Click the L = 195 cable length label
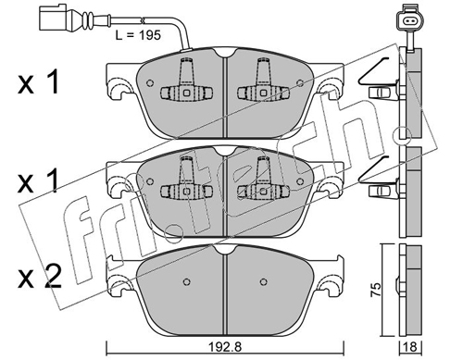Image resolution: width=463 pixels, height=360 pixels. point(138,35)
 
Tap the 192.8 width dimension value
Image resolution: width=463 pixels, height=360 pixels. point(225,347)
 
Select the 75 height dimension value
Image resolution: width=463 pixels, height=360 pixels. point(376,290)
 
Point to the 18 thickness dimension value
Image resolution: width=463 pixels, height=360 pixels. point(411,347)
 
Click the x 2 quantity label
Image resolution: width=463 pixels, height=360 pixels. point(39,277)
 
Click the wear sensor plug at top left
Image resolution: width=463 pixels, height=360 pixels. point(53,18)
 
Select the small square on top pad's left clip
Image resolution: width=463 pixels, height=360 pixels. point(186,93)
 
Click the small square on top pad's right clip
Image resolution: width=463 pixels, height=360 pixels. point(263,93)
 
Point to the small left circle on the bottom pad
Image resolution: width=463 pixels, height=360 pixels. point(186,281)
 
